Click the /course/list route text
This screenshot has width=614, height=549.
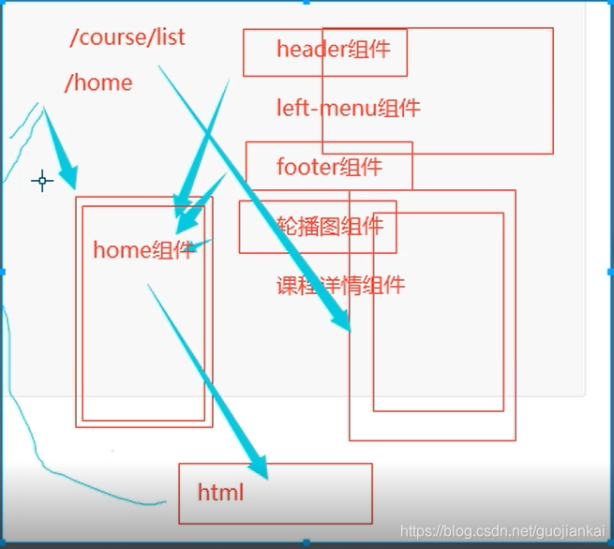(x=127, y=37)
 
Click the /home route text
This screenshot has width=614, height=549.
(x=98, y=82)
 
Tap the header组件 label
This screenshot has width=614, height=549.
(x=333, y=50)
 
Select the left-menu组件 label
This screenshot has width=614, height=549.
(x=348, y=108)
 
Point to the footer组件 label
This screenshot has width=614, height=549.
(x=329, y=168)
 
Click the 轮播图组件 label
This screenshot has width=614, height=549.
(x=329, y=226)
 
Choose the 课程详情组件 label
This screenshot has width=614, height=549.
(x=340, y=286)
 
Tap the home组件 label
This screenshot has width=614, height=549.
(x=143, y=250)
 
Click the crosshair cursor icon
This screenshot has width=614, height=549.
(x=42, y=181)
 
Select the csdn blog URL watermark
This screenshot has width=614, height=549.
(x=502, y=531)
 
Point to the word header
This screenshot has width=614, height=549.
(x=312, y=50)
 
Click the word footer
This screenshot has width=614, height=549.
(x=307, y=168)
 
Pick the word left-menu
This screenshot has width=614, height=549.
(x=326, y=108)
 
